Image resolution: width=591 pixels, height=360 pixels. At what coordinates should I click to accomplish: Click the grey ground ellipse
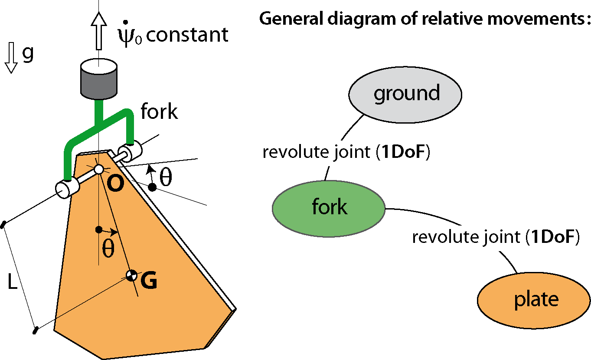[x=405, y=95]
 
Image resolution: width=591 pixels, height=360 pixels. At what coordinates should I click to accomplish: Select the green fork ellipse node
[x=329, y=209]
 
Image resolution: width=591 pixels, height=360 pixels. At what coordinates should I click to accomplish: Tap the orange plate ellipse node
[x=534, y=300]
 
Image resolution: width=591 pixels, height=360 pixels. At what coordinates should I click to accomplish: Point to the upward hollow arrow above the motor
[x=99, y=31]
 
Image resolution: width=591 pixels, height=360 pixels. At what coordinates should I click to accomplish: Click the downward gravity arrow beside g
[x=11, y=58]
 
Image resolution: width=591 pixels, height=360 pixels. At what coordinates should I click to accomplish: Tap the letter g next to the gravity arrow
[x=28, y=54]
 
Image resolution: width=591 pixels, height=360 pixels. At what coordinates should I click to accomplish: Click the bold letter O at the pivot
[x=115, y=183]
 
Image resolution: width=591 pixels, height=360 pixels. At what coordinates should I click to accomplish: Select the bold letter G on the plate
[x=149, y=280]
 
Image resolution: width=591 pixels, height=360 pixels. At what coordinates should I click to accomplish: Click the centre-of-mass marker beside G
[x=131, y=276]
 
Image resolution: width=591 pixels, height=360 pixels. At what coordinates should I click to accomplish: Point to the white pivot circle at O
[x=99, y=169]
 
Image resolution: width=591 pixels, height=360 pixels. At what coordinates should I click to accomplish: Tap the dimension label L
[x=13, y=281]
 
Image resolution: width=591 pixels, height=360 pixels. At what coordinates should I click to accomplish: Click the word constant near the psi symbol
[x=187, y=35]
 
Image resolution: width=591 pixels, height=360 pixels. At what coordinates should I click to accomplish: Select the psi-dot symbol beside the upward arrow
[x=130, y=34]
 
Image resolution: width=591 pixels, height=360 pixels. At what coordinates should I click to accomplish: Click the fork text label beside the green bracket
[x=160, y=111]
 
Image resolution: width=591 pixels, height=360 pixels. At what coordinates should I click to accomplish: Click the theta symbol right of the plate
[x=166, y=177]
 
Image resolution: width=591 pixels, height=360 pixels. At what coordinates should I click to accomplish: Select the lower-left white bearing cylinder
[x=68, y=189]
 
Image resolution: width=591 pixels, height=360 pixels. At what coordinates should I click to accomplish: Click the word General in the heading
[x=291, y=19]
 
